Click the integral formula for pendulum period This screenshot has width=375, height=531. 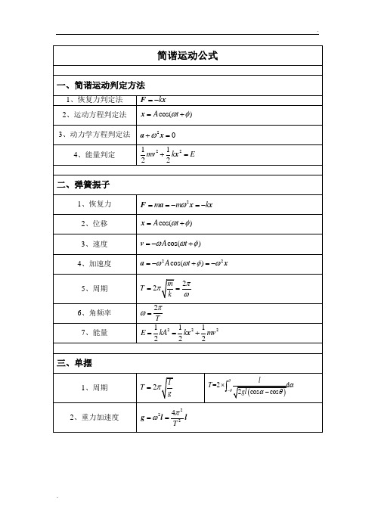(x=262, y=387)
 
